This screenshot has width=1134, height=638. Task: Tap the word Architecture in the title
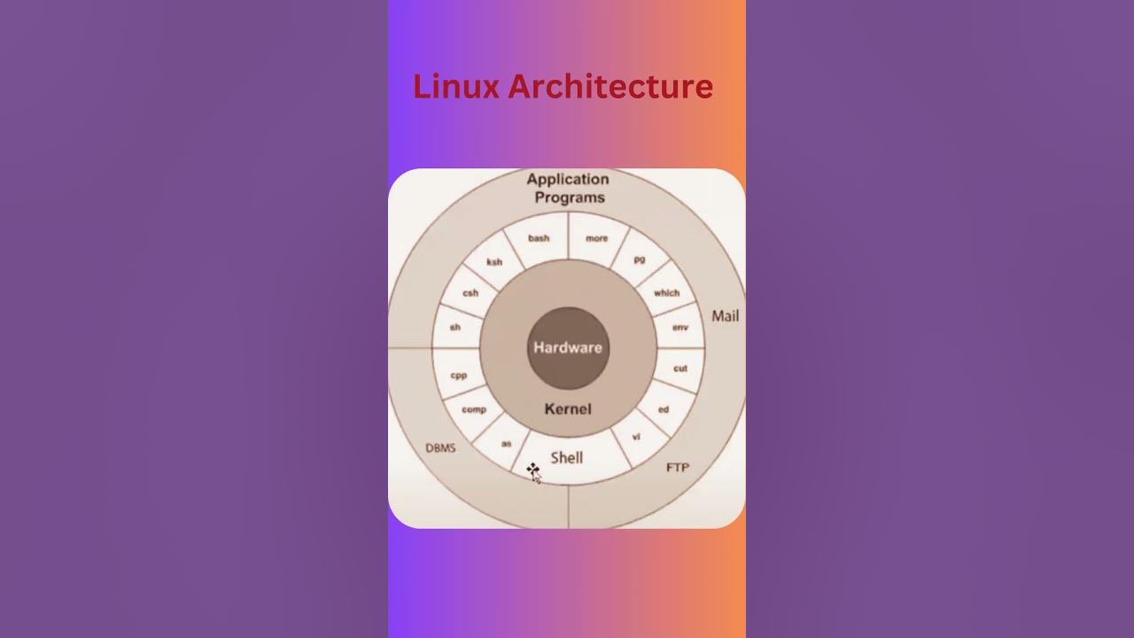[x=610, y=87]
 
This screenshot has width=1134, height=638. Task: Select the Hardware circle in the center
[x=567, y=347]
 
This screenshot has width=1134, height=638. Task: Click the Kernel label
[x=568, y=408]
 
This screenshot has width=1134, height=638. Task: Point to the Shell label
[x=567, y=457]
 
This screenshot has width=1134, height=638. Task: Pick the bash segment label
[x=539, y=237]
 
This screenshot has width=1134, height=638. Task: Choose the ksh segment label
[x=494, y=261]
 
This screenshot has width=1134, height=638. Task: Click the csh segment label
[x=470, y=293]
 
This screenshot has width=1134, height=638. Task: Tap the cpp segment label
[x=458, y=375]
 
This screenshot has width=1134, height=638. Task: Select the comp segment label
[x=474, y=409]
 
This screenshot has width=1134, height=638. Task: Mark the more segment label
[x=596, y=237]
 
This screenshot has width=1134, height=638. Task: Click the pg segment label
[x=640, y=258]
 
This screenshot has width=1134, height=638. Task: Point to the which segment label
[x=666, y=292]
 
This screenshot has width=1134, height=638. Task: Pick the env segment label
[x=680, y=327]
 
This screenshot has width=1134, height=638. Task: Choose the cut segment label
[x=680, y=368]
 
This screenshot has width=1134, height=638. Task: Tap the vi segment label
[x=636, y=437]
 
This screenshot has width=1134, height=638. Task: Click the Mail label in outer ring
[x=725, y=315]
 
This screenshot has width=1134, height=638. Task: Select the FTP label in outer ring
[x=677, y=467]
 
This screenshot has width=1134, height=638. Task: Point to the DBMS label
[x=440, y=447]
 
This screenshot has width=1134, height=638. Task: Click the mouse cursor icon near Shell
[x=533, y=471]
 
